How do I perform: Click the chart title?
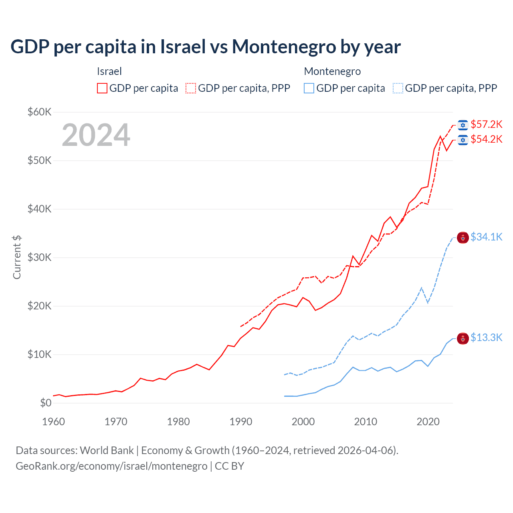(x=205, y=47)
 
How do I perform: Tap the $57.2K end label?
(x=486, y=124)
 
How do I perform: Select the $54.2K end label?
(x=486, y=139)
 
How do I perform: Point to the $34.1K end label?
(x=486, y=237)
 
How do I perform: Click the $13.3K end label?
(x=486, y=337)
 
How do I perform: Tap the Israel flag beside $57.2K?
(x=463, y=125)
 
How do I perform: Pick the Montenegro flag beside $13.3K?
(x=463, y=339)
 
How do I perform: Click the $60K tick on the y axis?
(x=39, y=112)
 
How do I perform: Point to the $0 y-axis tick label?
(x=46, y=403)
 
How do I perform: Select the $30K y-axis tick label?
(x=39, y=257)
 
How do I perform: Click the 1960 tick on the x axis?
(x=53, y=422)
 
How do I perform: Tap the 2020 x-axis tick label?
(x=428, y=422)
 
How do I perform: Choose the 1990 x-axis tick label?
(x=241, y=422)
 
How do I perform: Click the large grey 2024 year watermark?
(x=96, y=135)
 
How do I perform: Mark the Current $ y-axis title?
(x=17, y=257)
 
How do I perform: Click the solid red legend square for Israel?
(x=102, y=88)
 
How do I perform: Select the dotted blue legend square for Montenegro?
(x=398, y=88)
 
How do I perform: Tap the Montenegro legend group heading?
(x=332, y=71)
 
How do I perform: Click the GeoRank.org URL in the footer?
(x=111, y=466)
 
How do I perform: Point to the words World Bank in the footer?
(x=107, y=450)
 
